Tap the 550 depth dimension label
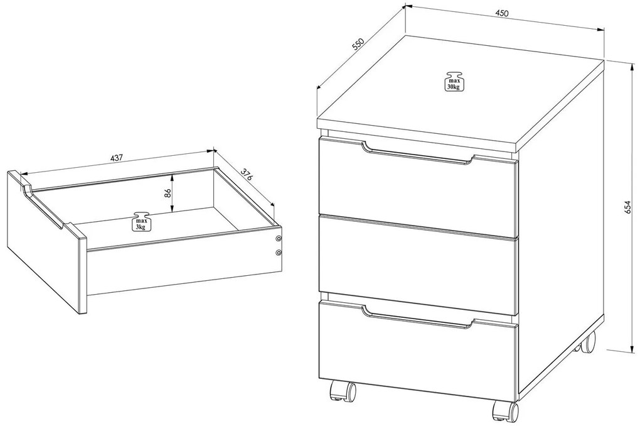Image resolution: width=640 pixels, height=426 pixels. tap(358, 44)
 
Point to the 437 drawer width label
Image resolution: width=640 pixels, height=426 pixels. tap(116, 158)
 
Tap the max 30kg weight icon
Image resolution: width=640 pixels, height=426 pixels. tap(453, 81)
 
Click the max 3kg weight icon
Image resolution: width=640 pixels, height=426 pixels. tap(140, 222)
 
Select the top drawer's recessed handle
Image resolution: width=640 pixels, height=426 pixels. tap(418, 154)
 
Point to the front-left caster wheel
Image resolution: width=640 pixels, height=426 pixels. tap(342, 391)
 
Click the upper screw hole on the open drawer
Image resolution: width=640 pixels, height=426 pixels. tap(279, 238)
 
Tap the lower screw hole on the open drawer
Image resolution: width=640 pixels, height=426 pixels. tap(279, 253)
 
